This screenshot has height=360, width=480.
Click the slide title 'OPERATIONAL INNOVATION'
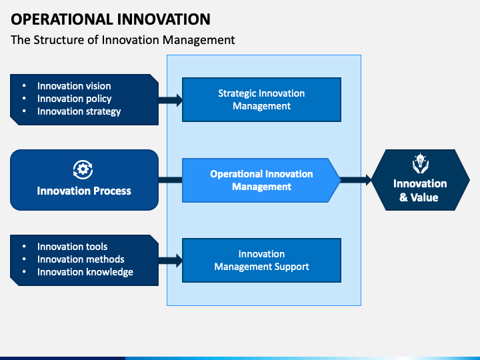[x=111, y=19]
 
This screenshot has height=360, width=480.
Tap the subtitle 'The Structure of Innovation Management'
[x=123, y=40]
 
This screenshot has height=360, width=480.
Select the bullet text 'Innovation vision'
[x=74, y=86]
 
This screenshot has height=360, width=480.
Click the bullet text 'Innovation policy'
[x=75, y=99]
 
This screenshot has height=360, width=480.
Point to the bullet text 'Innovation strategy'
[x=79, y=111]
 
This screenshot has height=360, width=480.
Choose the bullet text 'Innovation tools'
[x=72, y=247]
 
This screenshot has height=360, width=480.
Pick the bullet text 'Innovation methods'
[x=81, y=259]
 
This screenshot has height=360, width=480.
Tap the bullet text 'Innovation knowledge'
[x=85, y=272]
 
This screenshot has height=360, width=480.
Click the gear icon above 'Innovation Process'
[x=83, y=169]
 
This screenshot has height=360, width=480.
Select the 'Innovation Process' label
[x=84, y=191]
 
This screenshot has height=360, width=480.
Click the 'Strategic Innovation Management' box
[x=262, y=99]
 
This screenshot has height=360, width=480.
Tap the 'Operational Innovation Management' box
[x=261, y=180]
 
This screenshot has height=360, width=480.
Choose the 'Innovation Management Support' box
[x=262, y=260]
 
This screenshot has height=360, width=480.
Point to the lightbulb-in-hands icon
[x=420, y=163]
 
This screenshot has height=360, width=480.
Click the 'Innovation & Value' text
[x=420, y=191]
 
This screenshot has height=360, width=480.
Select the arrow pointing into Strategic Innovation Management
[x=171, y=100]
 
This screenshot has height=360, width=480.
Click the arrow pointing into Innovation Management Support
[x=171, y=261]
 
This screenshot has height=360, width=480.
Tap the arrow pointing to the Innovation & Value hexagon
[x=356, y=180]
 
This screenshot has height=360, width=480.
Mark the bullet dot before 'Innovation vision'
[x=24, y=86]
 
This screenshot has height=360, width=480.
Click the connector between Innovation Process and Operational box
[x=170, y=180]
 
